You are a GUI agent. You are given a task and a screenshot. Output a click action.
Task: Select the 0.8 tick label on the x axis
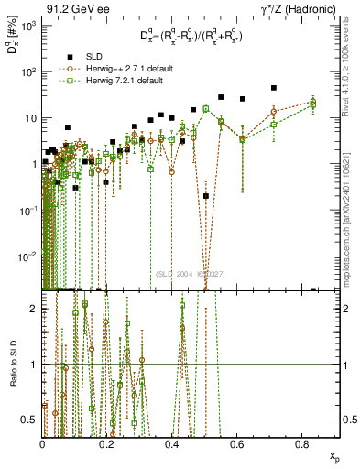(x=302, y=443)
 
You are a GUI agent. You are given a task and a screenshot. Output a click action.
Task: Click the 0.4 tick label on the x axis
(x=172, y=443)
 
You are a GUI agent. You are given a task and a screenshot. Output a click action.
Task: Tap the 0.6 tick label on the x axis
(x=237, y=443)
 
